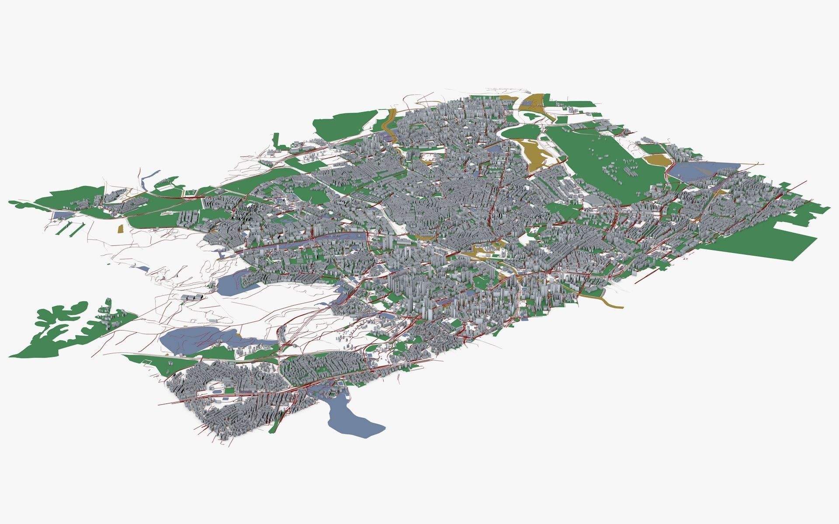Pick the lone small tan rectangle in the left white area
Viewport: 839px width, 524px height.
(x=121, y=229)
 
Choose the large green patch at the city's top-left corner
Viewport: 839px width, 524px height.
(x=345, y=122)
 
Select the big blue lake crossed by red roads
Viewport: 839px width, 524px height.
(x=192, y=338)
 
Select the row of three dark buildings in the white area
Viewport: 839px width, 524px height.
(x=192, y=297)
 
